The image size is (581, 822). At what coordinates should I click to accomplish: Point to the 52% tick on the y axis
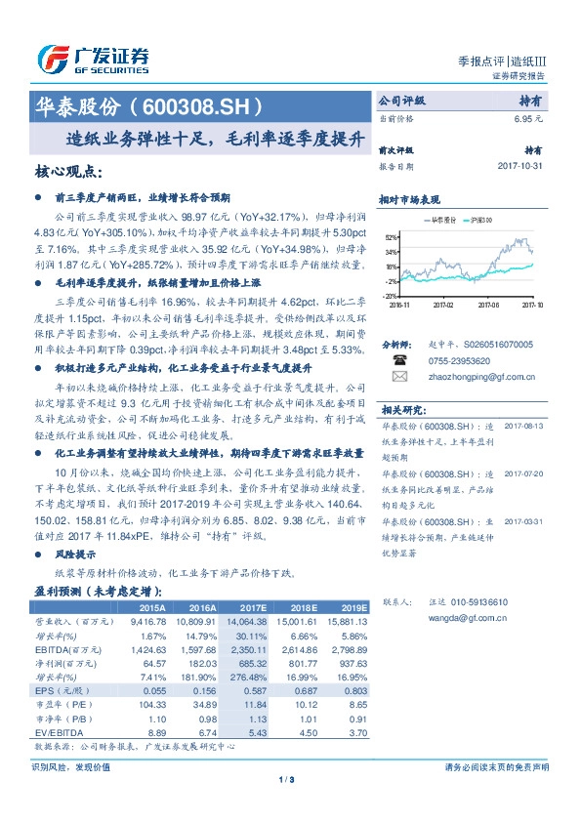pyautogui.click(x=391, y=237)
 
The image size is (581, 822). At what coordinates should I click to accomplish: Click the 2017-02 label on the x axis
pyautogui.click(x=445, y=304)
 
